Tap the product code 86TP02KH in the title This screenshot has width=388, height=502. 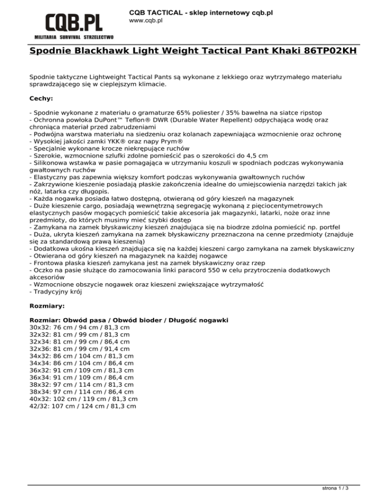pyautogui.click(x=331, y=51)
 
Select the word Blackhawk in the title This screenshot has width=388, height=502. pyautogui.click(x=107, y=51)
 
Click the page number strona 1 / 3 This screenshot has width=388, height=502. pyautogui.click(x=336, y=489)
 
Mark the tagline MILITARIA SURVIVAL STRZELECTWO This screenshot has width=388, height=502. pyautogui.click(x=74, y=37)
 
